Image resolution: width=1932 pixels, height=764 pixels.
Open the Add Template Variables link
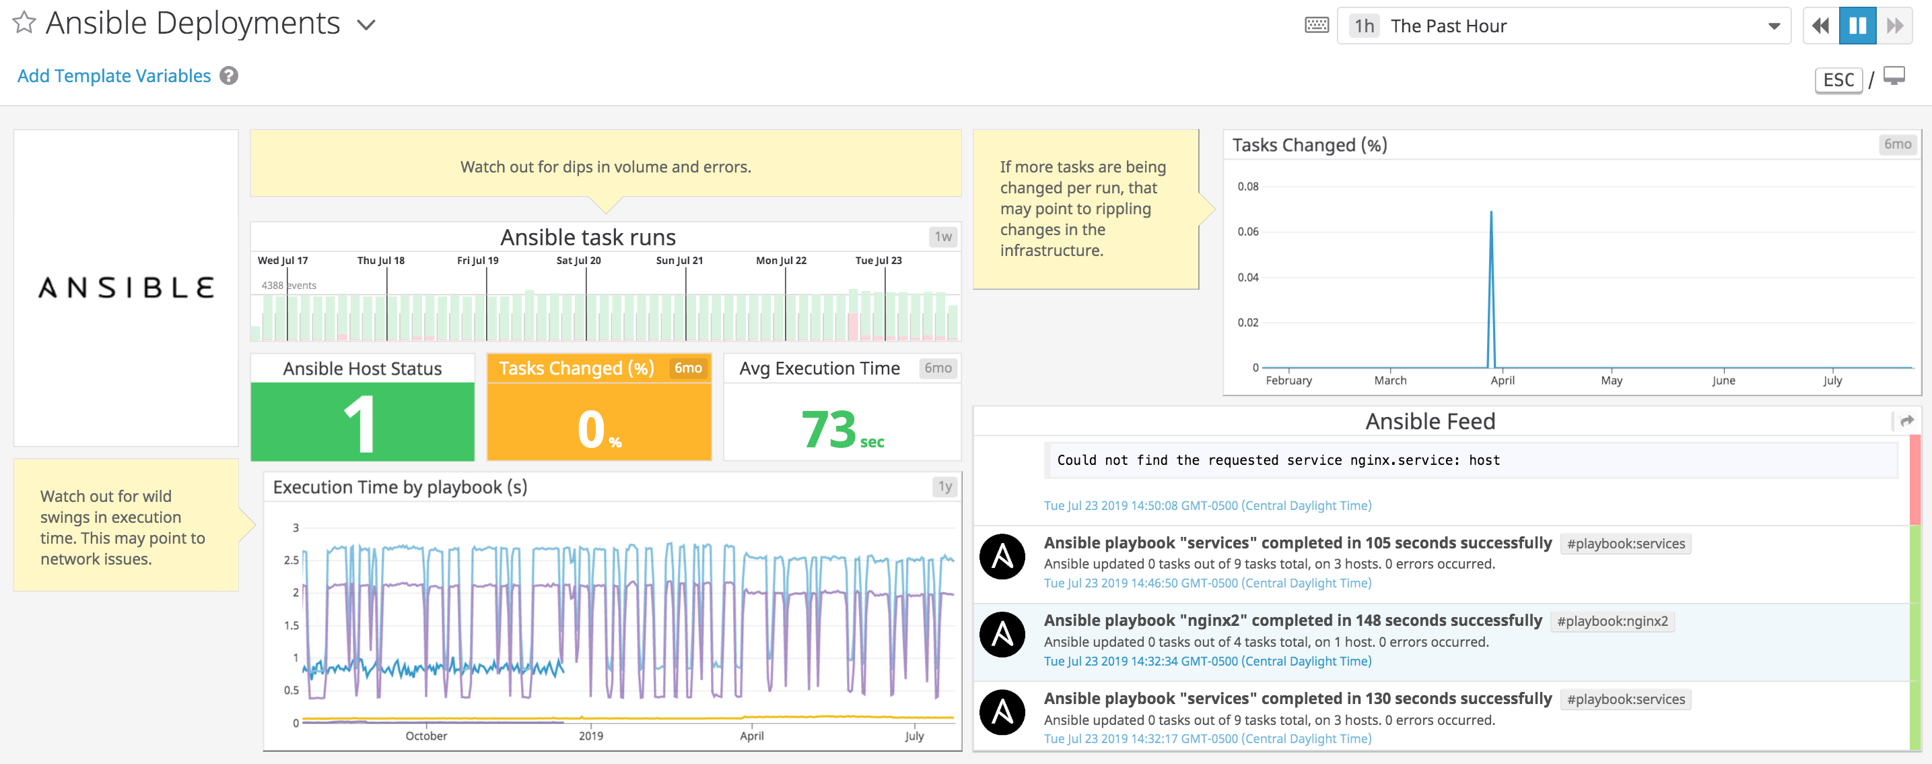[114, 76]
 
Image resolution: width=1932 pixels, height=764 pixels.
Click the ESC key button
[1838, 79]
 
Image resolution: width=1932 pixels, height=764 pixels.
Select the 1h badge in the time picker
[1363, 26]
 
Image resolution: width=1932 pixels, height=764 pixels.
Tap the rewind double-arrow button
[1820, 26]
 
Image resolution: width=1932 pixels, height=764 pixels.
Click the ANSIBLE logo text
[126, 288]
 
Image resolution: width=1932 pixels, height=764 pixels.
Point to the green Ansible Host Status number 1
[361, 424]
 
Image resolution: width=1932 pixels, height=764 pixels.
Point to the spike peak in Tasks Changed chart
[1490, 212]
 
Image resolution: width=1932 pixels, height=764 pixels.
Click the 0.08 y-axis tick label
[1247, 186]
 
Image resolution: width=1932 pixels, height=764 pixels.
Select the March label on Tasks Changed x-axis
[1389, 381]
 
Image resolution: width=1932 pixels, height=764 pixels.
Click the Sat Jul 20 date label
[578, 261]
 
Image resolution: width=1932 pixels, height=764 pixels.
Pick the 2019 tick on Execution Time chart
[590, 736]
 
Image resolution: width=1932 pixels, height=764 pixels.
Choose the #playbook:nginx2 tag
[1612, 621]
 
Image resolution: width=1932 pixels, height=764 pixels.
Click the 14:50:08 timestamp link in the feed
[1207, 505]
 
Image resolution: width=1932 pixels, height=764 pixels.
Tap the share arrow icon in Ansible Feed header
[1906, 421]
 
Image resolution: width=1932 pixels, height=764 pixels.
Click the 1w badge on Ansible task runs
[942, 236]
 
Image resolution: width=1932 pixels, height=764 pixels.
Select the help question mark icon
[229, 76]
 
